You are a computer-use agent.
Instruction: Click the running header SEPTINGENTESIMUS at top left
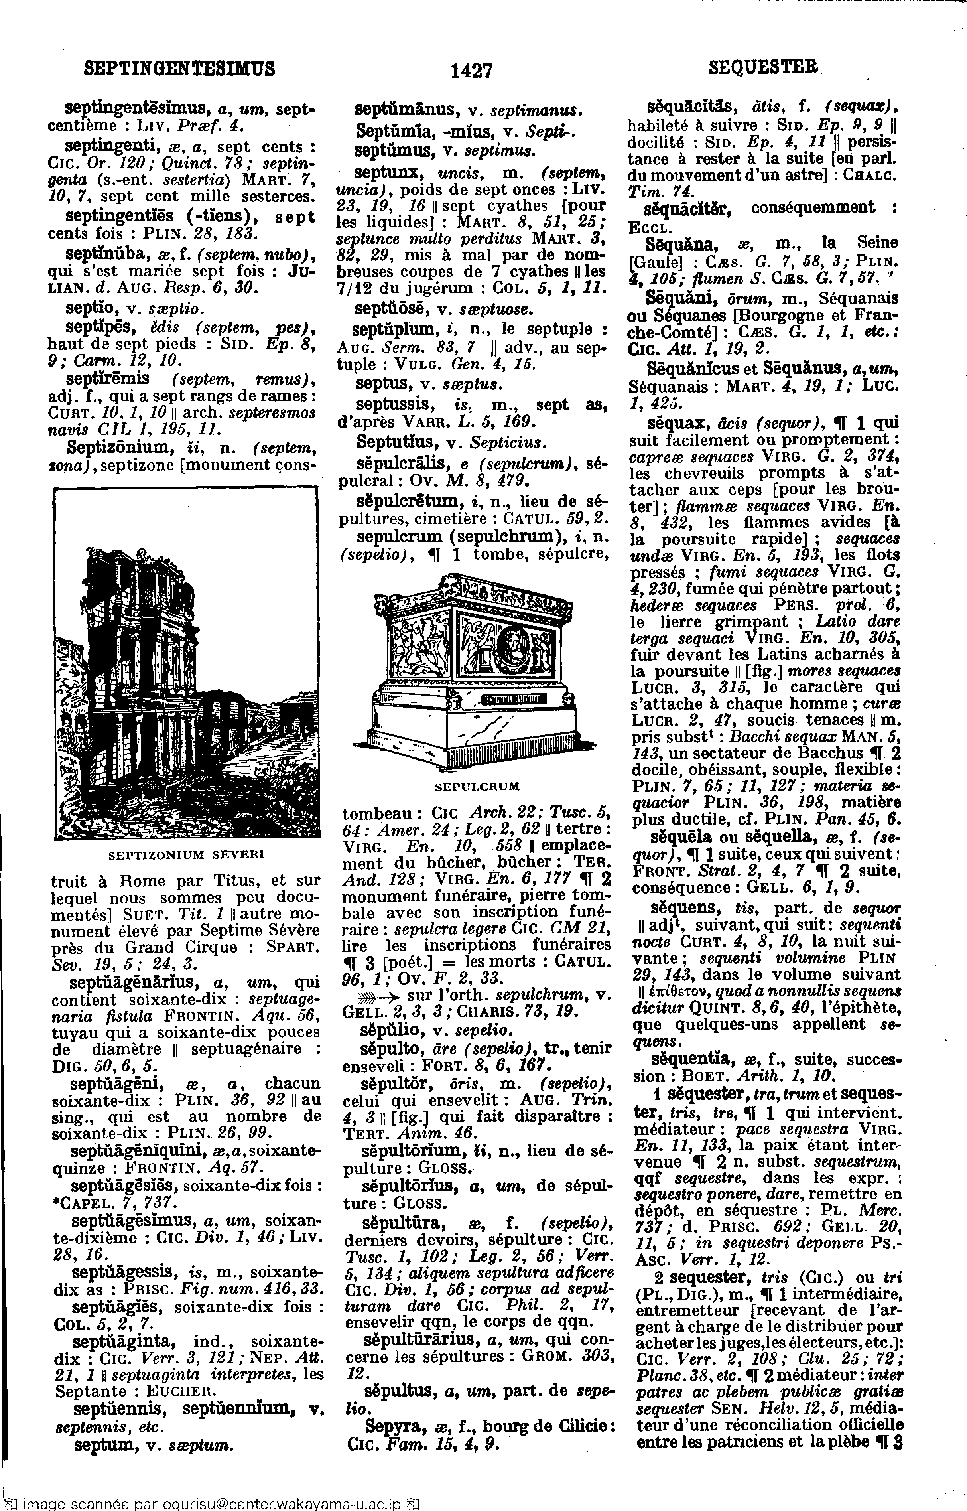[179, 67]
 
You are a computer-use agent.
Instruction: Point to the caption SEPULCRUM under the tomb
[478, 786]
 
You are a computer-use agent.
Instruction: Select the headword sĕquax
[677, 423]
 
